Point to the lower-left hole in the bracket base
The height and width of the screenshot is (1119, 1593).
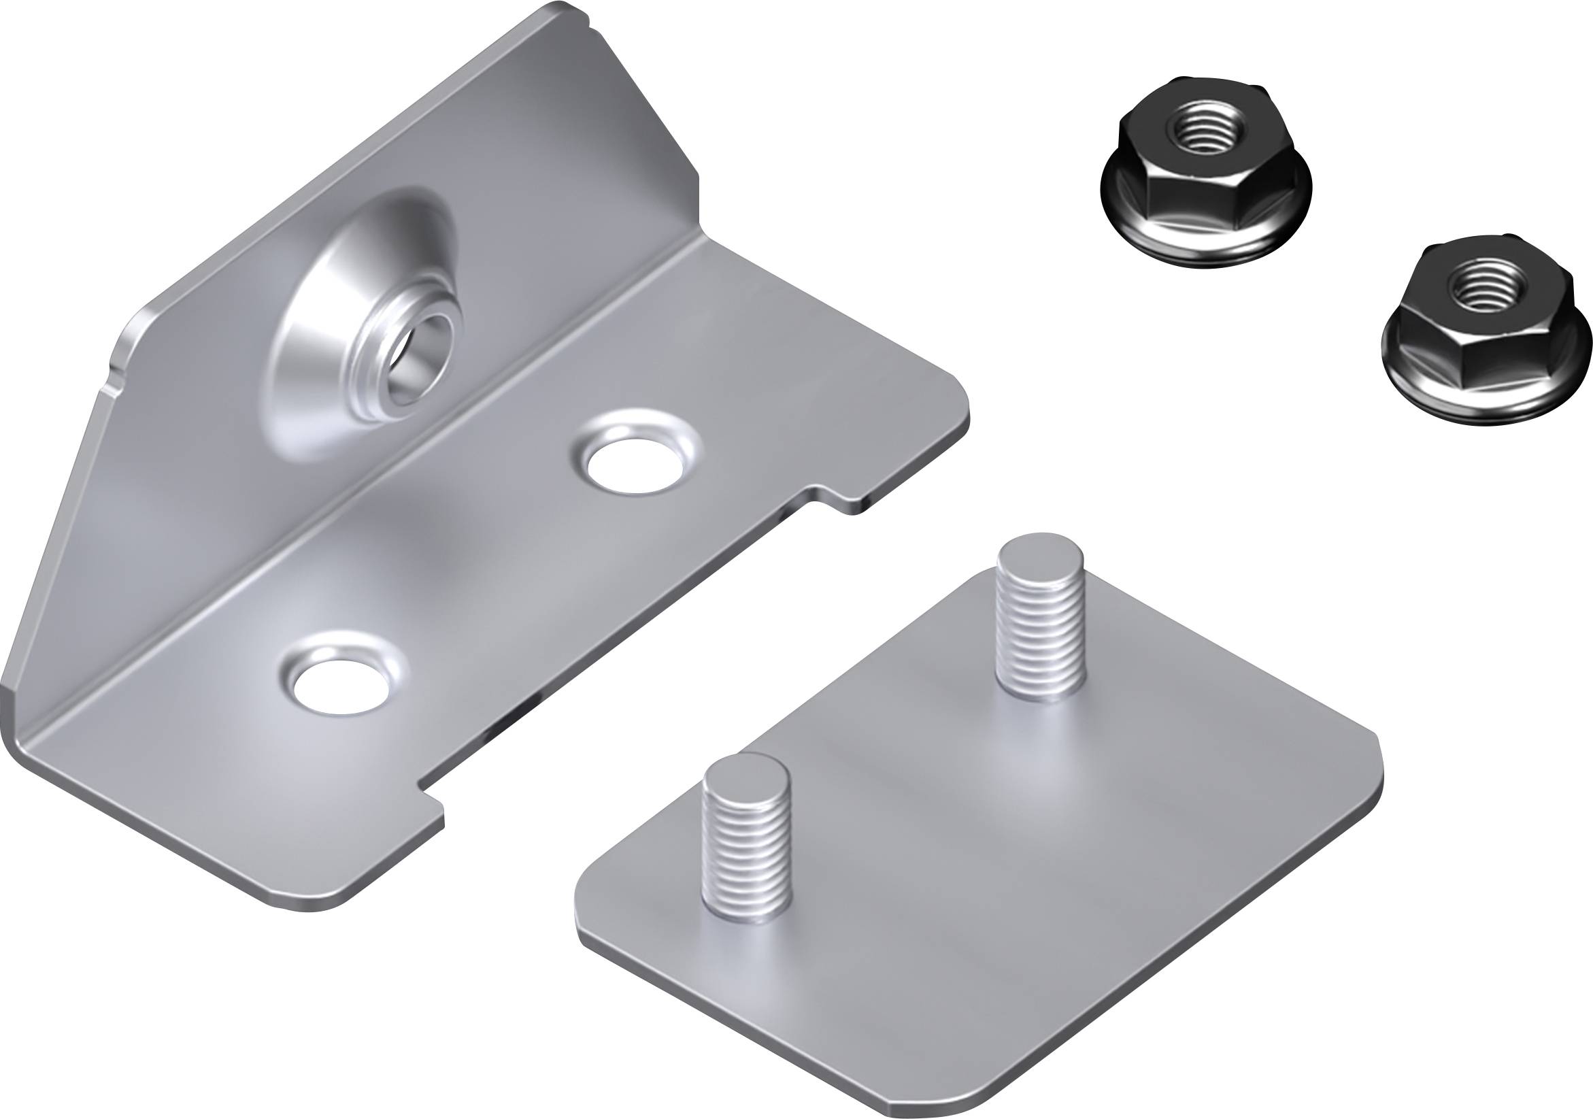339,687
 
